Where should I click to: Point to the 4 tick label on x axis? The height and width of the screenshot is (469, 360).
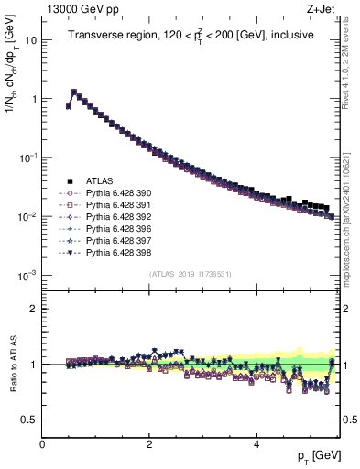point(256,445)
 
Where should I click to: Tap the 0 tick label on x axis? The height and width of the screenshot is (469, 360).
point(43,445)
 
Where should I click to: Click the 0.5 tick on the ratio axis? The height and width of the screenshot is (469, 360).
point(29,420)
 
